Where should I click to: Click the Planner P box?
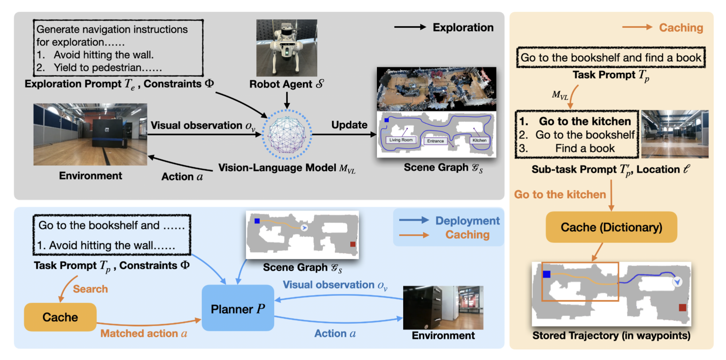pos(237,308)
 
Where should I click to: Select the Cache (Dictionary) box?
pos(611,227)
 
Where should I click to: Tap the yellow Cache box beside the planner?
pos(60,317)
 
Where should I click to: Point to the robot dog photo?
pos(286,48)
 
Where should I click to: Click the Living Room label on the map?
pos(401,140)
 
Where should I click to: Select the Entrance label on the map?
pos(435,141)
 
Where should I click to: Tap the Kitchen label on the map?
pos(479,140)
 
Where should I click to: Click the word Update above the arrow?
pos(349,125)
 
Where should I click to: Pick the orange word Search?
pos(90,289)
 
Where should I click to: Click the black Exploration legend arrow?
pos(410,27)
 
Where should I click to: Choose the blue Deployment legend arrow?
pos(414,220)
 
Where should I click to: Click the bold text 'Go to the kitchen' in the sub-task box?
pos(585,121)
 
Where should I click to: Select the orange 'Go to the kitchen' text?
pos(559,194)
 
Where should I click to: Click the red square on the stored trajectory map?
pos(682,307)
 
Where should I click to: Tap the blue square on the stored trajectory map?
pos(546,274)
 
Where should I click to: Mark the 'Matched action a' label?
pos(143,333)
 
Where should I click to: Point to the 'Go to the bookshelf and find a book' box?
pos(610,58)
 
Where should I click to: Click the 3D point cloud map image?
pos(436,89)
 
